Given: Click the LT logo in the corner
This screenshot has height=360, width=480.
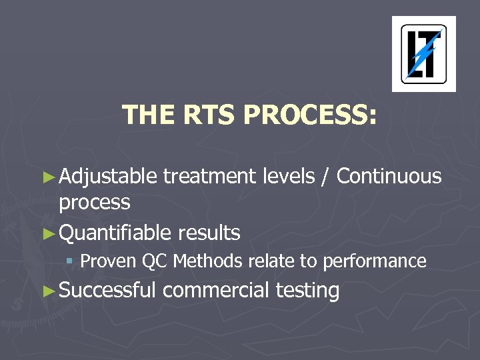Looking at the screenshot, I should point(423,54).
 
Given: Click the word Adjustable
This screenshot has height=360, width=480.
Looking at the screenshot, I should point(108,177).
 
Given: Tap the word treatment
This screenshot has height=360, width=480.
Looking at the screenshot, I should point(209,177).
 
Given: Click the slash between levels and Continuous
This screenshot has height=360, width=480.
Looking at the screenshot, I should point(327,177).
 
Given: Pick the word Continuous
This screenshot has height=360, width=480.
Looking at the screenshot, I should point(389,177).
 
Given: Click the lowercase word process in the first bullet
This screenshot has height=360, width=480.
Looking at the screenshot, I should point(95,203).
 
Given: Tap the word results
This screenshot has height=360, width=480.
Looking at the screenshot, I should point(209,233).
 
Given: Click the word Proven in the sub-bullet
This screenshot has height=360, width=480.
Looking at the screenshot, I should point(109,261).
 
